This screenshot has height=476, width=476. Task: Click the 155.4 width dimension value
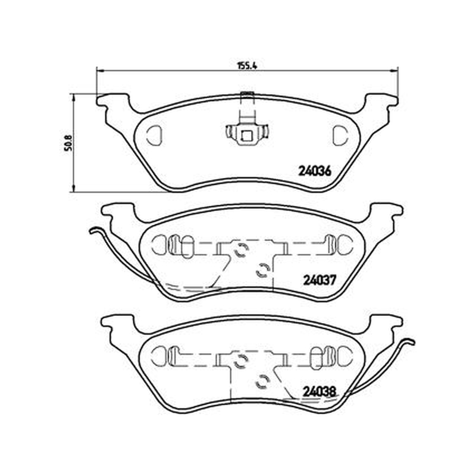247,65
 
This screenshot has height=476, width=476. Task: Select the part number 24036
315,171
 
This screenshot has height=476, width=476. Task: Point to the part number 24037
320,280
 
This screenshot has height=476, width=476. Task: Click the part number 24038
320,392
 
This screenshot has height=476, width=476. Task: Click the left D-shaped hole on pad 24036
155,135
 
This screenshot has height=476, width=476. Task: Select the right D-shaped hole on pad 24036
340,135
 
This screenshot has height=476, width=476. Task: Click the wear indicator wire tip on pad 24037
91,231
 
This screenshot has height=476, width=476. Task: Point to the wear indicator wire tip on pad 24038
413,342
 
